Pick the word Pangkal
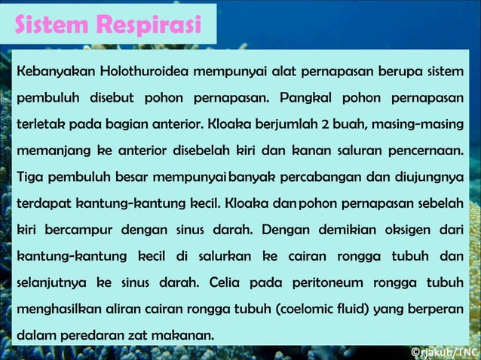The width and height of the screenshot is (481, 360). click(x=307, y=99)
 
